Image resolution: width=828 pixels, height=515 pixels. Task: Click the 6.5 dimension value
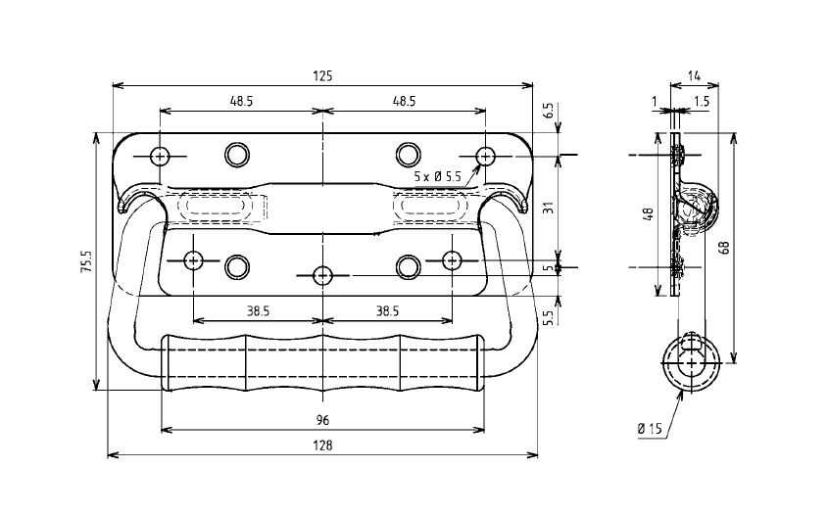[549, 110]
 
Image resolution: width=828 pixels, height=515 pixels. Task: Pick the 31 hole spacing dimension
[549, 208]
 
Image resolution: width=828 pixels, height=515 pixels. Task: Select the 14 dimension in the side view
[694, 74]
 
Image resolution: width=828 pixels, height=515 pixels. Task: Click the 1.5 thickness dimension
[702, 101]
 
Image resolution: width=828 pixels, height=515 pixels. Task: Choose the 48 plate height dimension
[649, 214]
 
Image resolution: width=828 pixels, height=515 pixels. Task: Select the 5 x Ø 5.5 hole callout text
[437, 175]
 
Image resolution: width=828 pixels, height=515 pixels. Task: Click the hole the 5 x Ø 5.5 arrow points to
[485, 156]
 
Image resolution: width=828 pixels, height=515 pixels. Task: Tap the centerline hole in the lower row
[322, 276]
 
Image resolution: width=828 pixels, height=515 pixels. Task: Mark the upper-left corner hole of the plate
[160, 156]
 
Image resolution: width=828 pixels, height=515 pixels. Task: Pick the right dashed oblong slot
[427, 208]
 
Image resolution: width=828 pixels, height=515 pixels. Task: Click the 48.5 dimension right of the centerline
[404, 101]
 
